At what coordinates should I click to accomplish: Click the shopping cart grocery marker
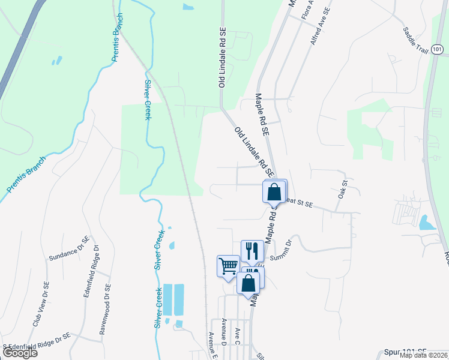click(228, 266)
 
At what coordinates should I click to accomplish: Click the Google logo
click(19, 353)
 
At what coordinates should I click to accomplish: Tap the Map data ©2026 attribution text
click(424, 355)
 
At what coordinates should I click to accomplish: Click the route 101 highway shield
click(435, 52)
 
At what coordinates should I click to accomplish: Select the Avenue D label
click(223, 332)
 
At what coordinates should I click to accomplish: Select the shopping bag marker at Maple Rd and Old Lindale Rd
click(274, 193)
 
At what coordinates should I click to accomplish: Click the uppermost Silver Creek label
click(147, 100)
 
